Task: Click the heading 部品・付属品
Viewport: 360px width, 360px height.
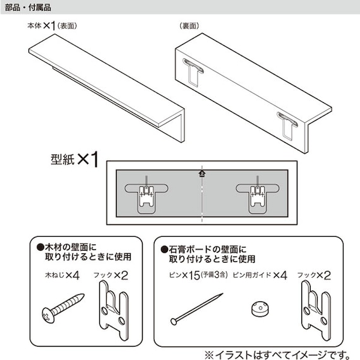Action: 27,7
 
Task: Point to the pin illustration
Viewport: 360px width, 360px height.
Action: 196,309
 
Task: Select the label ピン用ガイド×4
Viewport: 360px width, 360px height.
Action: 260,276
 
